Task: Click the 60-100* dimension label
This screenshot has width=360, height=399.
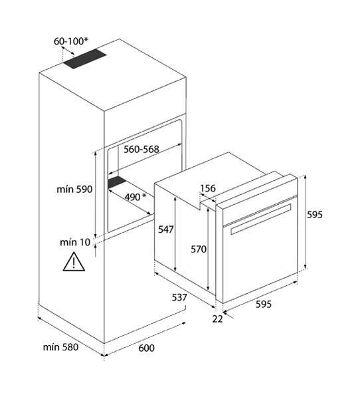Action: point(71,41)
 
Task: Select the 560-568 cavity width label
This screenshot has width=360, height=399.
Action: point(141,150)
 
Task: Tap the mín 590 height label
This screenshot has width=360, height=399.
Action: point(74,190)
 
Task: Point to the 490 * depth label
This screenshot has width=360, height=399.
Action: point(135,197)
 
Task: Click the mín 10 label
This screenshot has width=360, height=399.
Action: point(75,242)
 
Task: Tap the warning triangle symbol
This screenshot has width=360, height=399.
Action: point(74,261)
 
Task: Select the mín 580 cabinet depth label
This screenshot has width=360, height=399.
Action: point(60,347)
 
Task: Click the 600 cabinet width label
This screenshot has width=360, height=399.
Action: point(146,348)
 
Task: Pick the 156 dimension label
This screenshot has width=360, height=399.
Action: point(208,189)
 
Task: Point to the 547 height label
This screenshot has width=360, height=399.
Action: point(166,229)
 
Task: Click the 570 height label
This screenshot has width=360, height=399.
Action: point(199,249)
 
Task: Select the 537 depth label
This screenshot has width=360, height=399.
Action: point(179,297)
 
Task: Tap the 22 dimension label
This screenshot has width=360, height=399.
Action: point(217,319)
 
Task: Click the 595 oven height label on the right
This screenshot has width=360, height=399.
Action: point(315,215)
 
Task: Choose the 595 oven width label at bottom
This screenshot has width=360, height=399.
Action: point(264,304)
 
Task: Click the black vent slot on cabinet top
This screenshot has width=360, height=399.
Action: point(84,59)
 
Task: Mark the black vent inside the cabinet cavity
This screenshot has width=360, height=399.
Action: point(117,182)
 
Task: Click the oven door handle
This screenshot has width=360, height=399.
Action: point(261,219)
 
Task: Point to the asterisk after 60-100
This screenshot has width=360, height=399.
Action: point(86,40)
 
